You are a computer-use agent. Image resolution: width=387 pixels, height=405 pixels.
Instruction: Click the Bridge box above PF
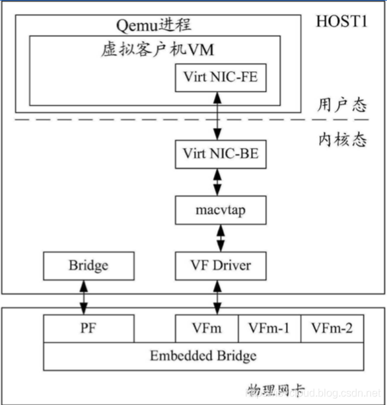point(88,266)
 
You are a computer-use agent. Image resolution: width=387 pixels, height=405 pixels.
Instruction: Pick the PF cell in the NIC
point(88,327)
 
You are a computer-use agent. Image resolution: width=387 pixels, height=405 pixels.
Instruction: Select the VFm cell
point(207,327)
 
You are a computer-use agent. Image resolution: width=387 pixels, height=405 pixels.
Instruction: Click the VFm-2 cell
point(332,327)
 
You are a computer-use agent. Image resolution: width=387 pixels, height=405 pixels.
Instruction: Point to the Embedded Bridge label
point(203,356)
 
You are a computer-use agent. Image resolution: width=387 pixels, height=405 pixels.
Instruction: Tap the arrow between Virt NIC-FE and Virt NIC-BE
point(217,116)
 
